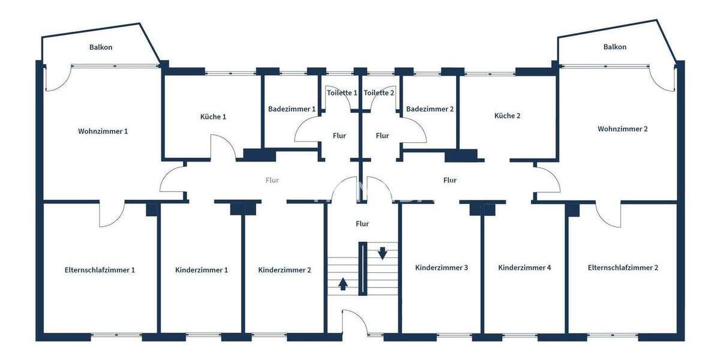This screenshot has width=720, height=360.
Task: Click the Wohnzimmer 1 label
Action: pyautogui.click(x=103, y=131)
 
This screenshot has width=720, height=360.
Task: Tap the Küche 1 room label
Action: pyautogui.click(x=213, y=116)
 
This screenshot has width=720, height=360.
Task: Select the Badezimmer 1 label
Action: pyautogui.click(x=292, y=109)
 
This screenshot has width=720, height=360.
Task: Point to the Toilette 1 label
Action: pyautogui.click(x=342, y=92)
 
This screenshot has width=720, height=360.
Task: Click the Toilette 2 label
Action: pyautogui.click(x=379, y=92)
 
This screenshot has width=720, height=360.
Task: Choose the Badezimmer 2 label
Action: pyautogui.click(x=430, y=109)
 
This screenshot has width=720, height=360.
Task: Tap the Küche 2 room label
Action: pyautogui.click(x=507, y=116)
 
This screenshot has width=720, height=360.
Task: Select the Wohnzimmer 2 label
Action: pyautogui.click(x=623, y=128)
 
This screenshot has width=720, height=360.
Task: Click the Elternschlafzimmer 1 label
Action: pyautogui.click(x=100, y=269)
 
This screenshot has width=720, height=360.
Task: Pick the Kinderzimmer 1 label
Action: pyautogui.click(x=202, y=270)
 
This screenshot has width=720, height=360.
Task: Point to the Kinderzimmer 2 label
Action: pyautogui.click(x=284, y=270)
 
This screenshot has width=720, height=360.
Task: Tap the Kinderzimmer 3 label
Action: pyautogui.click(x=442, y=268)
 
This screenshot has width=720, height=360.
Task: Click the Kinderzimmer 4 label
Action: pyautogui.click(x=524, y=268)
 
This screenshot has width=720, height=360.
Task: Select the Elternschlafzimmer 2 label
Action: pyautogui.click(x=623, y=268)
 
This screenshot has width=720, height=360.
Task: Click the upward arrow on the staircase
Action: pyautogui.click(x=343, y=283)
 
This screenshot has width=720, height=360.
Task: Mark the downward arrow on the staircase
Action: pyautogui.click(x=382, y=253)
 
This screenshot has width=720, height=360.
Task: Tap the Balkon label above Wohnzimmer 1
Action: pyautogui.click(x=101, y=47)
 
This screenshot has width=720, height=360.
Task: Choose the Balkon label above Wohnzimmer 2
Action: pyautogui.click(x=615, y=47)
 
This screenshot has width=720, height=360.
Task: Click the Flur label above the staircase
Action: pyautogui.click(x=362, y=224)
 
